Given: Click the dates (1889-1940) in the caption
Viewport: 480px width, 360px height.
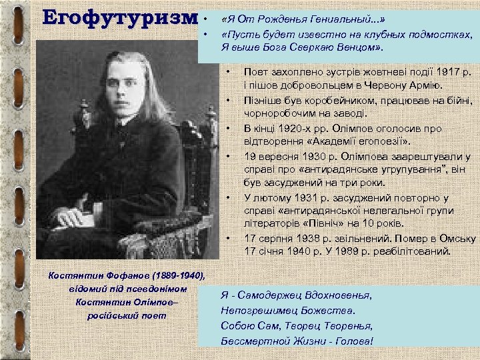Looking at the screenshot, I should click(177, 275).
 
